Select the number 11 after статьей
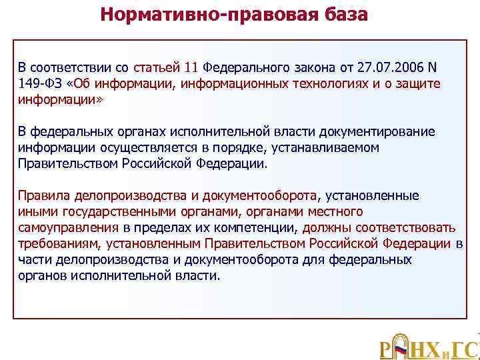[x=191, y=68]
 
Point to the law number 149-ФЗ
[x=40, y=83]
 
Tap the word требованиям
[x=57, y=243]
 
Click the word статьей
[x=157, y=68]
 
